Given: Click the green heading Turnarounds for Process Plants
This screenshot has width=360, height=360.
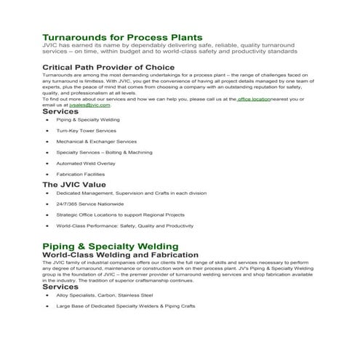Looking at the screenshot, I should (122, 36).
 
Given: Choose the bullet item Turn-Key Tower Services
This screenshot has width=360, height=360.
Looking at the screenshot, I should (86, 131).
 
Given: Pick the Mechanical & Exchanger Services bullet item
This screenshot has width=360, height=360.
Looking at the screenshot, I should (96, 142).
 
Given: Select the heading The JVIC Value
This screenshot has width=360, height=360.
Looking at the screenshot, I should (73, 185).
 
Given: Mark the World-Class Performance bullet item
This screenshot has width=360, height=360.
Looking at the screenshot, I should (124, 226).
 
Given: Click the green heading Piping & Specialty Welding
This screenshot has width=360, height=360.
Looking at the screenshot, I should (110, 246).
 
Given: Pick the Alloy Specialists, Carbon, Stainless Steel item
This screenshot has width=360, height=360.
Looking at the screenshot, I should (105, 295).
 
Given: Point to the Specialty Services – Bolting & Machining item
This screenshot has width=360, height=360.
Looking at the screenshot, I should (105, 153).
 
